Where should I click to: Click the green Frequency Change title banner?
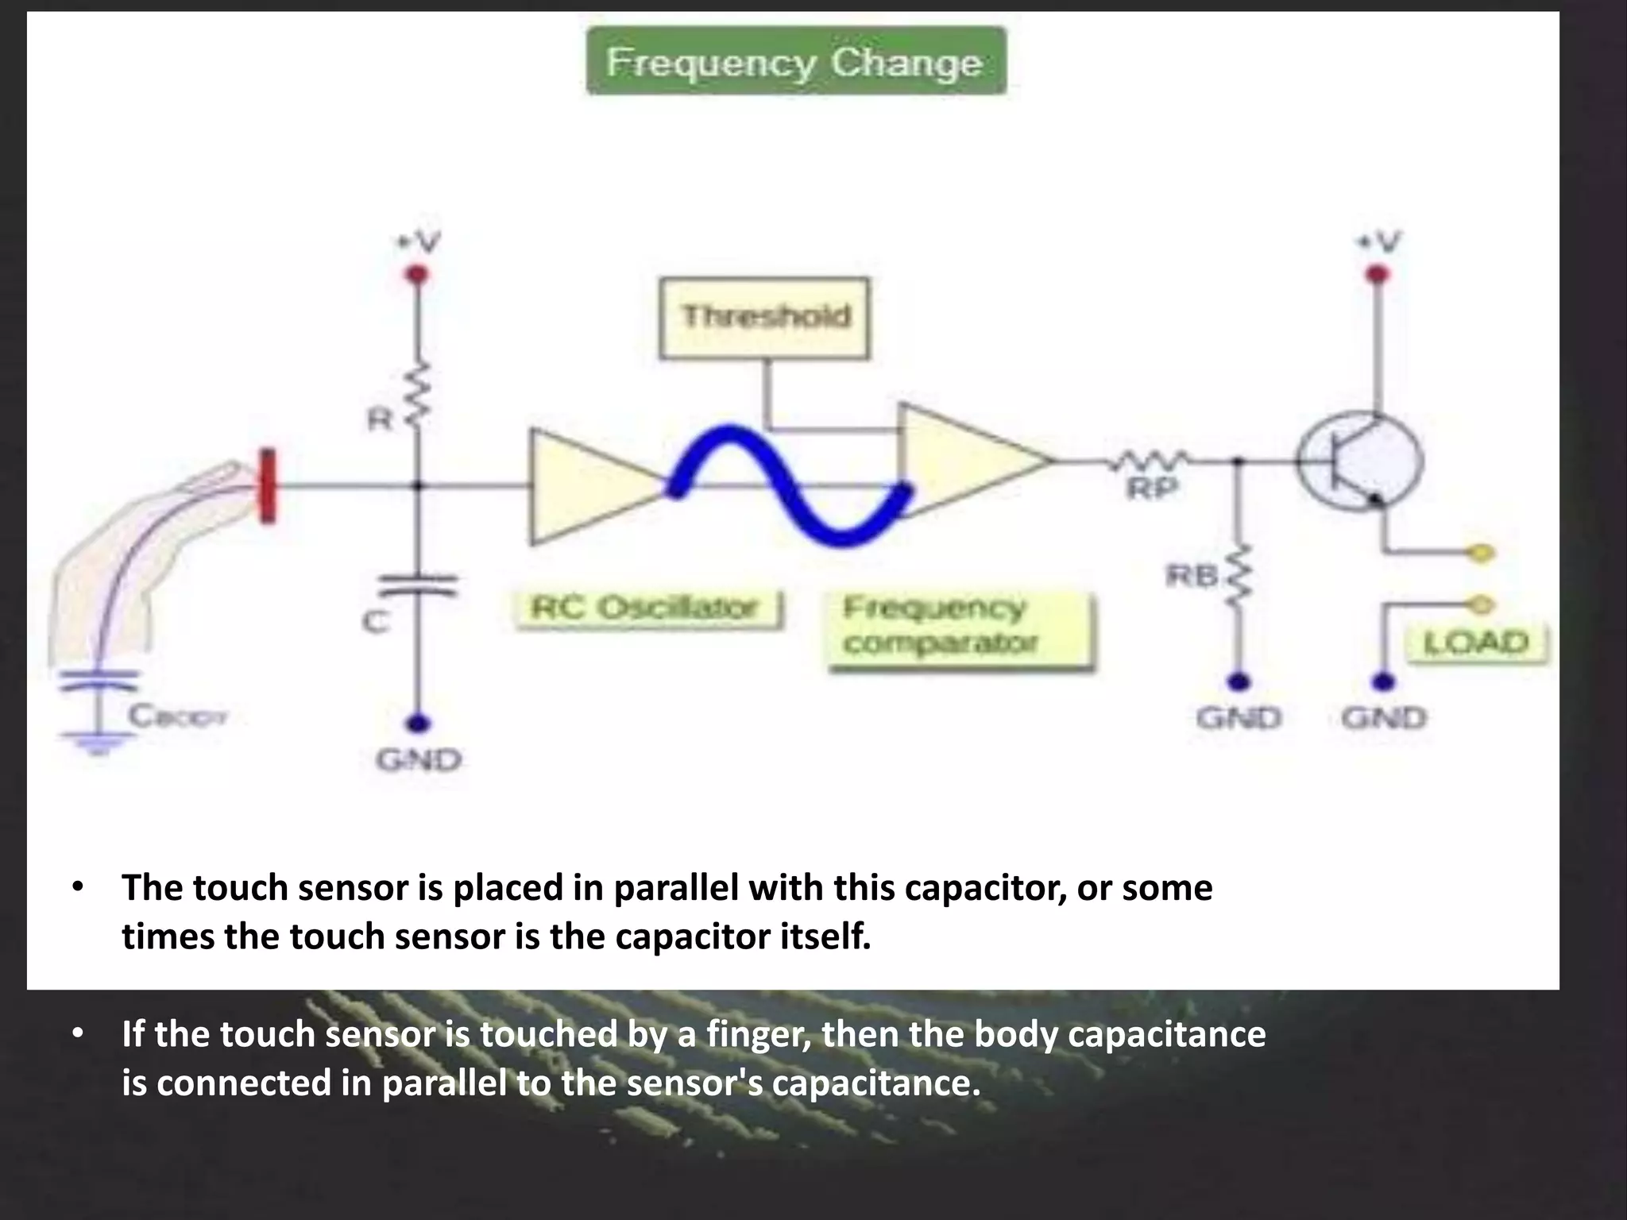pyautogui.click(x=796, y=62)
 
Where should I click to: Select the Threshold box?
pyautogui.click(x=764, y=318)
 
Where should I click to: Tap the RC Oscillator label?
pyautogui.click(x=647, y=609)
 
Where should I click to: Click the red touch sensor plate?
pyautogui.click(x=268, y=485)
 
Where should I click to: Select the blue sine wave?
pyautogui.click(x=790, y=485)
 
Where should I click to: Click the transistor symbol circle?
pyautogui.click(x=1361, y=461)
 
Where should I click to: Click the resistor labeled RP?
pyautogui.click(x=1152, y=460)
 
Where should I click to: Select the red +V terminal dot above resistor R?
pyautogui.click(x=418, y=275)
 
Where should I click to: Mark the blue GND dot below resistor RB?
pyautogui.click(x=1239, y=681)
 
